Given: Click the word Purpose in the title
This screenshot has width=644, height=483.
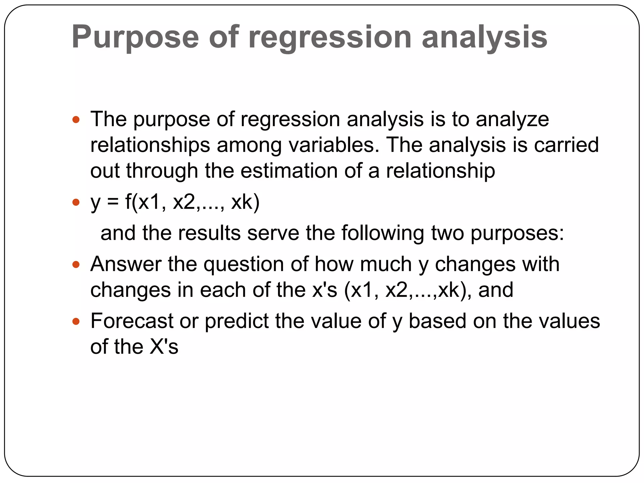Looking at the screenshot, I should click(x=135, y=37).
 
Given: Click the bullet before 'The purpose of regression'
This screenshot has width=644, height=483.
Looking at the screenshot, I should click(x=76, y=119).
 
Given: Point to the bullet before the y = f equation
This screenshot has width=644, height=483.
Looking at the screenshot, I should click(x=76, y=202).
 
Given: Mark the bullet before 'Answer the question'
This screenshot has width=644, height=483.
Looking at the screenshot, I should click(x=76, y=264).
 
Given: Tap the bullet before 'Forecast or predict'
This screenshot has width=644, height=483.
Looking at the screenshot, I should click(x=76, y=321).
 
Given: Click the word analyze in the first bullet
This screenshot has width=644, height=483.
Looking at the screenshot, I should click(x=512, y=119).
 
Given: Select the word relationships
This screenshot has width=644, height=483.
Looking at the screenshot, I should click(x=150, y=145).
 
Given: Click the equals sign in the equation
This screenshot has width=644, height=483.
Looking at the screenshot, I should click(x=113, y=202).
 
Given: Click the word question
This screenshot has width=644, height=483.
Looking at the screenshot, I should click(x=244, y=264).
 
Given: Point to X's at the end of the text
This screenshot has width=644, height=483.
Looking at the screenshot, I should click(x=164, y=347).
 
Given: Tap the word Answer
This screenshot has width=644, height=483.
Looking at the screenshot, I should click(x=126, y=264).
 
